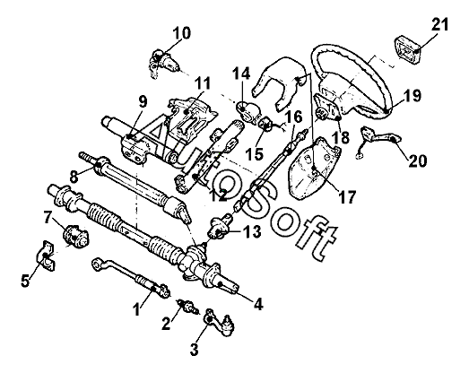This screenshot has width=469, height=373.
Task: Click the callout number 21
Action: (440, 24)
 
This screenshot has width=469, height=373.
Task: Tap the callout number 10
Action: (181, 33)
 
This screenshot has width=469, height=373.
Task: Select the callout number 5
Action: (25, 281)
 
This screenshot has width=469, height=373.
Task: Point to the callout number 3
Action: (195, 350)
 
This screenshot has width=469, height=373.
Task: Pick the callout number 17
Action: (347, 197)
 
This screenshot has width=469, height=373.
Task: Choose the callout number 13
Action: (252, 232)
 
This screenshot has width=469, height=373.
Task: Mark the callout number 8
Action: (74, 177)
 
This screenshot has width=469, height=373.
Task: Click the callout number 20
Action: (418, 160)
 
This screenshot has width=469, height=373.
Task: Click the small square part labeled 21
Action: (407, 50)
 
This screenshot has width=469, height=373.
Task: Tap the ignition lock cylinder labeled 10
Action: (164, 64)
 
